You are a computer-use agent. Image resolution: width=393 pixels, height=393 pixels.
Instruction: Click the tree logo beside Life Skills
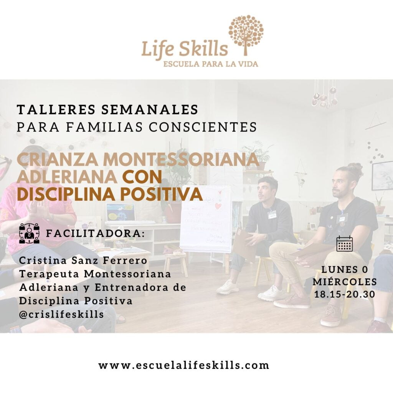[246, 35]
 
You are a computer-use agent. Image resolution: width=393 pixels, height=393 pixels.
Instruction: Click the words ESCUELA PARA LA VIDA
[210, 63]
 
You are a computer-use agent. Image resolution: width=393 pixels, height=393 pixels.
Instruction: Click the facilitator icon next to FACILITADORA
[29, 233]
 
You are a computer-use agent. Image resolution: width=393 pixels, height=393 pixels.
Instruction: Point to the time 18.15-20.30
[344, 295]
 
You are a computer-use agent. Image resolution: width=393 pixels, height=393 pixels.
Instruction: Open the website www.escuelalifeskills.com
[184, 365]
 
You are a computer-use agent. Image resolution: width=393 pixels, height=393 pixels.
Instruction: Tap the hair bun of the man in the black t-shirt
[355, 168]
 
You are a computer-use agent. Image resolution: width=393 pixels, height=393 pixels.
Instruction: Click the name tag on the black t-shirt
[341, 218]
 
